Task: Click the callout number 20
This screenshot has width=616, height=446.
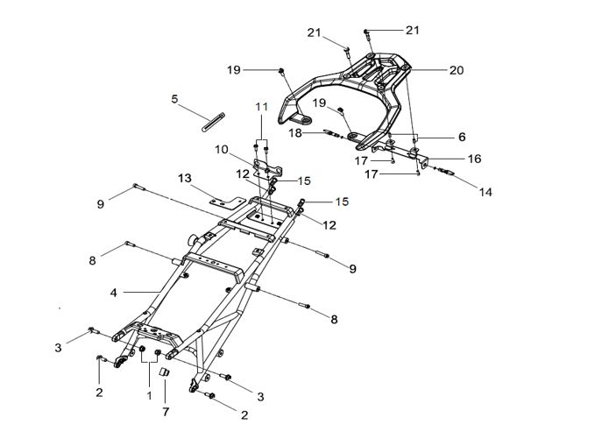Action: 457,70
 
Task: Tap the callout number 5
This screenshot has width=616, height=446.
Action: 174,99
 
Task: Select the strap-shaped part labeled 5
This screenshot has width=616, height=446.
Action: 213,122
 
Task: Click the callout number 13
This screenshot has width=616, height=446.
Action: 185,179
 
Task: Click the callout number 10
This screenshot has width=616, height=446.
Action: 222,150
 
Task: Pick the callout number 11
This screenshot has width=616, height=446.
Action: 262,107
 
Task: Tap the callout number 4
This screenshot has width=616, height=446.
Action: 114,293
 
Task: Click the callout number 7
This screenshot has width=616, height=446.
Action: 166,412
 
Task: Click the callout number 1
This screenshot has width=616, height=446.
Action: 149,396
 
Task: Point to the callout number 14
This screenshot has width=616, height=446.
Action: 485,192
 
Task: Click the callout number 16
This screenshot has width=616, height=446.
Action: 475,159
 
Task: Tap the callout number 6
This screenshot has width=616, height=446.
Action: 462,137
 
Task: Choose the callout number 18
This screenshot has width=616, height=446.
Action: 295,133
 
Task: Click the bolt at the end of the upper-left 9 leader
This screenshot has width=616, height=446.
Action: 139,187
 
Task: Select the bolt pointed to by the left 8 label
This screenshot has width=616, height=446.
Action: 131,244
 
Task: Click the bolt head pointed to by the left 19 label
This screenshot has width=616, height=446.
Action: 281,71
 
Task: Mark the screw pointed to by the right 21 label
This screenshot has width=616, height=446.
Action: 366,33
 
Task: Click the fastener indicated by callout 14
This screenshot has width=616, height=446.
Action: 446,171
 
